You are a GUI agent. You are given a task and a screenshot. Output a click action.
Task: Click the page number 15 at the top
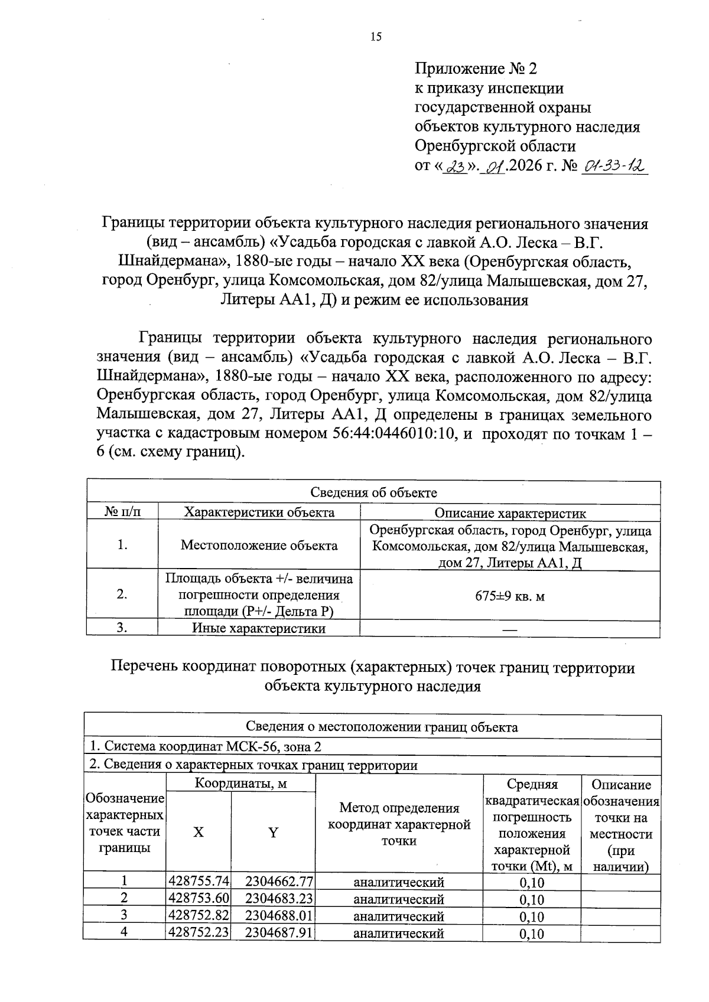(x=376, y=37)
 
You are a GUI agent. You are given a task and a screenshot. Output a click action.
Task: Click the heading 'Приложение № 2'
(x=476, y=69)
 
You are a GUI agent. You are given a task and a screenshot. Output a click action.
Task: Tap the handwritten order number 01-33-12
(x=615, y=168)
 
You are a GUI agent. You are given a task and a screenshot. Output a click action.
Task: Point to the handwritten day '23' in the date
(x=455, y=168)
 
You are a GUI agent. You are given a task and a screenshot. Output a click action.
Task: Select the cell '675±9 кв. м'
(x=510, y=596)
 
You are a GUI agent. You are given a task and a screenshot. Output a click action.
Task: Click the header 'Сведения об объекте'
(x=373, y=492)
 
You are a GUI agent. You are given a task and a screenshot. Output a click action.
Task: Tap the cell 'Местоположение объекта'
(x=259, y=546)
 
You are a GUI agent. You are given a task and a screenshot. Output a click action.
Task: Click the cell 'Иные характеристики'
(x=259, y=629)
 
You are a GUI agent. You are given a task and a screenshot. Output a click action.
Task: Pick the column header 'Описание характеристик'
(x=510, y=513)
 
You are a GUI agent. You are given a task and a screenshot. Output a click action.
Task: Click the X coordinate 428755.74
(x=199, y=882)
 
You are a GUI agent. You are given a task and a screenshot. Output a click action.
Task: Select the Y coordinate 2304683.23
(x=279, y=899)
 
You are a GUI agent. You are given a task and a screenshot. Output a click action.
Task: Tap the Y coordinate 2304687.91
(x=279, y=933)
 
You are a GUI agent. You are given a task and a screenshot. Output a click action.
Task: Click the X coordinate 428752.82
(x=199, y=916)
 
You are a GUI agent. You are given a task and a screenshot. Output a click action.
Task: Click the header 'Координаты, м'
(x=240, y=784)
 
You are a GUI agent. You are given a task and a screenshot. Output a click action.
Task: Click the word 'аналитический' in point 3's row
(x=398, y=916)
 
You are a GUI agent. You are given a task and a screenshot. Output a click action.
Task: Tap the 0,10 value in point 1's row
(x=532, y=883)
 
